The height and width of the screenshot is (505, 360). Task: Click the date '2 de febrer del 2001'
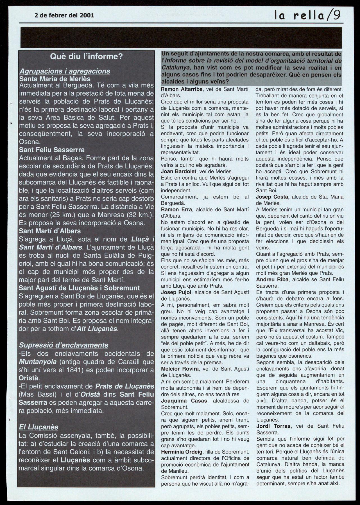pyautogui.click(x=64, y=15)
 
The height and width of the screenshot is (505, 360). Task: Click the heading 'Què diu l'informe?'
pyautogui.click(x=86, y=57)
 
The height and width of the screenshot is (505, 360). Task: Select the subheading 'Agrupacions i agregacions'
pyautogui.click(x=64, y=71)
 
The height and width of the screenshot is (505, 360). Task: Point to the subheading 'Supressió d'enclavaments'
pyautogui.click(x=64, y=345)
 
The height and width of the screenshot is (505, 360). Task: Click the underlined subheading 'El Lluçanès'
pyautogui.click(x=39, y=427)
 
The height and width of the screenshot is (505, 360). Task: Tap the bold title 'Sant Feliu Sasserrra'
pyautogui.click(x=52, y=150)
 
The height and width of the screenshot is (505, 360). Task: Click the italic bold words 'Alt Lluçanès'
pyautogui.click(x=97, y=328)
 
